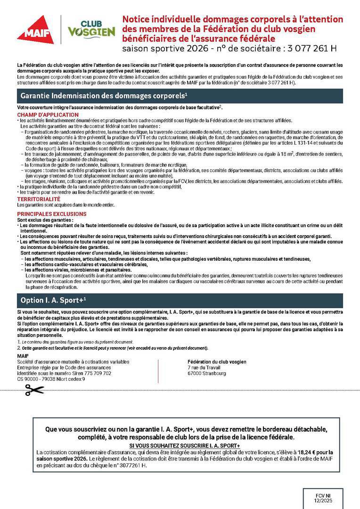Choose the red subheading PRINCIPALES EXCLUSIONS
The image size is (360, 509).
point(52,213)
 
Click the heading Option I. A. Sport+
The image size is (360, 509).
point(53,300)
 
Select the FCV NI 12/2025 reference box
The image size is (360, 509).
point(320,499)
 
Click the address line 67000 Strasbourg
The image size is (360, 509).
point(206,373)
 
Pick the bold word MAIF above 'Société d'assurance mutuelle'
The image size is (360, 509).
point(23,355)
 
